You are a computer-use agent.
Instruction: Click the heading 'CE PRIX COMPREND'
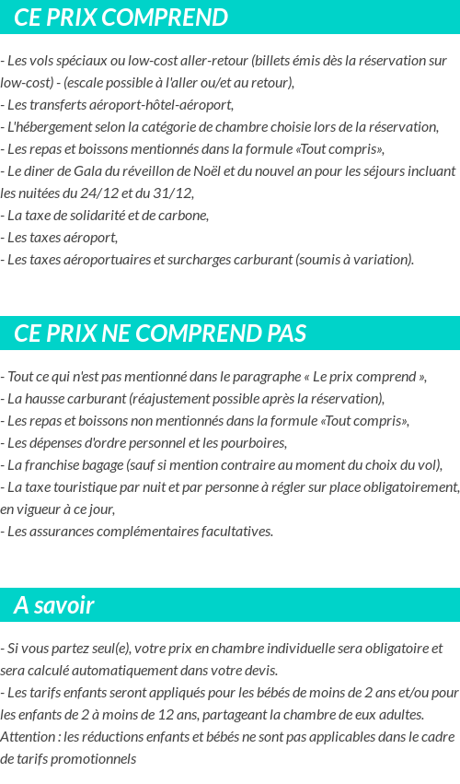pos(121,18)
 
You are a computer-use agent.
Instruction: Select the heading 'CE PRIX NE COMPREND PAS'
pos(160,333)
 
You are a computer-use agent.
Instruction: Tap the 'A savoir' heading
pos(53,605)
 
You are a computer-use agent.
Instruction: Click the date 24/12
pos(117,193)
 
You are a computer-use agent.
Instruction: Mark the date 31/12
pos(176,193)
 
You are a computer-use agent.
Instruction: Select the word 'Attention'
pos(29,736)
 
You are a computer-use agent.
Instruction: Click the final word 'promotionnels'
pos(92,758)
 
